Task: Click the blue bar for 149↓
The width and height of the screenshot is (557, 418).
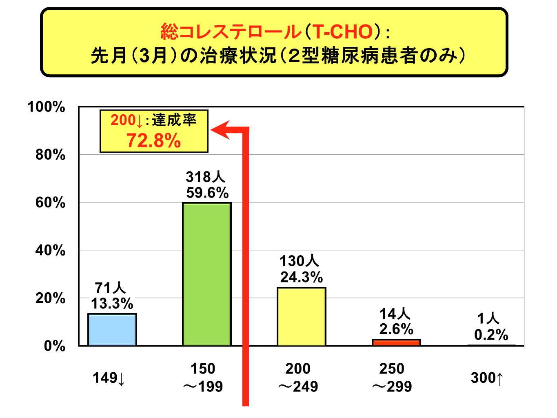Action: click(112, 330)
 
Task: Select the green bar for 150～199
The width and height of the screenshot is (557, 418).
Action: click(206, 274)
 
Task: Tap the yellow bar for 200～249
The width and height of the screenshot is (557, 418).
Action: click(301, 317)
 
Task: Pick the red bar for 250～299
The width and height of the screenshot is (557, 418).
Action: click(396, 342)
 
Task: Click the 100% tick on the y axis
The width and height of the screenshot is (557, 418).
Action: click(46, 107)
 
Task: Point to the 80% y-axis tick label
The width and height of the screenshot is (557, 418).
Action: click(50, 155)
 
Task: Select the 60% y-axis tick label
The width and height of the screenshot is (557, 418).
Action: click(50, 203)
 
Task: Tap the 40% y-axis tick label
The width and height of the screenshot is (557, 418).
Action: click(50, 251)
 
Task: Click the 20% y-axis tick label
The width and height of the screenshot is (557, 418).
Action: click(50, 298)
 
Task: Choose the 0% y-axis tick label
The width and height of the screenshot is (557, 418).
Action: click(54, 346)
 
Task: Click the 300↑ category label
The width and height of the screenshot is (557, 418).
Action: click(487, 378)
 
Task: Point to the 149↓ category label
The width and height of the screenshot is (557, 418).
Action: click(109, 378)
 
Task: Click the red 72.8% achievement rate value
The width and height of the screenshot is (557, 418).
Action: click(153, 141)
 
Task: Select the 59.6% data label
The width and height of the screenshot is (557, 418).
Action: click(207, 193)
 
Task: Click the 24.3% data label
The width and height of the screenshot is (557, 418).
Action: click(301, 277)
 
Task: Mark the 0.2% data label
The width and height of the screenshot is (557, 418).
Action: click(491, 335)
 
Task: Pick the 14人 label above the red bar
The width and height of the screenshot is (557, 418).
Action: click(395, 313)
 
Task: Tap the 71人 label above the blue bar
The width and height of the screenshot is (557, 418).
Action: click(110, 288)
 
